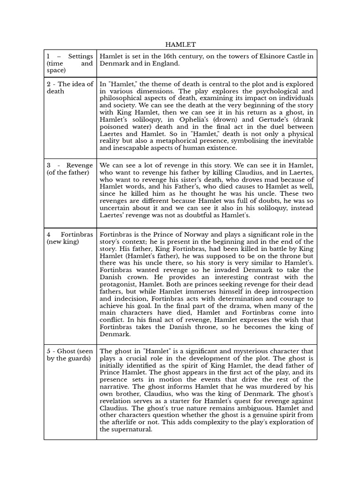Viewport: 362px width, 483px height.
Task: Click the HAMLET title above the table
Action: [181, 44]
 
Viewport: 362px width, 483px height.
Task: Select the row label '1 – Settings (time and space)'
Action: [70, 63]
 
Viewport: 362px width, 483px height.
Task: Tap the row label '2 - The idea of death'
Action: [70, 88]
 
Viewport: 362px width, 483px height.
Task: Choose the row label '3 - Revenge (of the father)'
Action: [70, 169]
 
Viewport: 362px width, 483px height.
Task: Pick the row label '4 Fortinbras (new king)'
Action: [70, 238]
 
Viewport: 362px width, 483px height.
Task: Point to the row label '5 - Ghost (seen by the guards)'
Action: [70, 355]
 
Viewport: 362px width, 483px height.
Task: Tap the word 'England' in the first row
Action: [165, 64]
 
